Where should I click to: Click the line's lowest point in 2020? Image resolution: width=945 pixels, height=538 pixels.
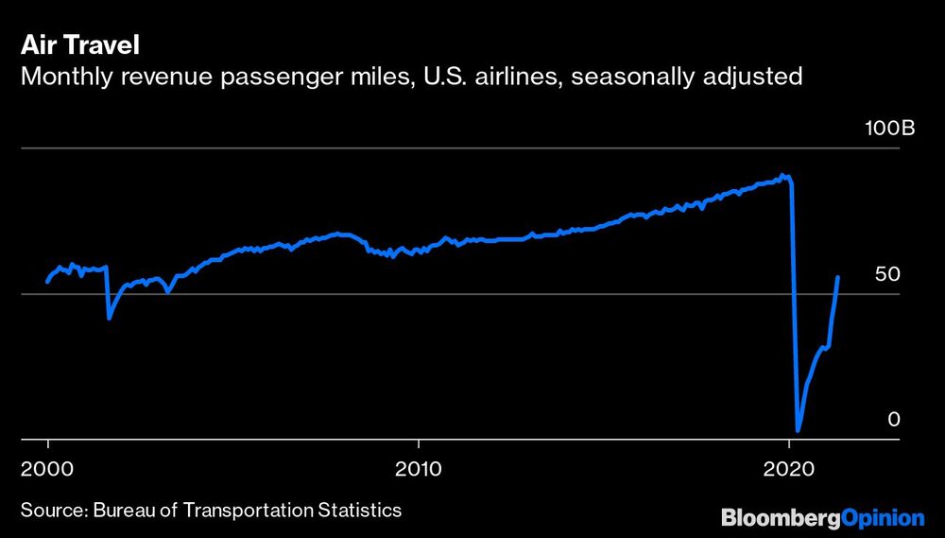[x=799, y=430]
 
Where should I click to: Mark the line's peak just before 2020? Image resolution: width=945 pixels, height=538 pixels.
[x=782, y=175]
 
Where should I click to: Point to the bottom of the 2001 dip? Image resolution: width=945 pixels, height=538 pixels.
[x=110, y=318]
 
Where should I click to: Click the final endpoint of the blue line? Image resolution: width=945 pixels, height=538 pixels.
[x=838, y=277]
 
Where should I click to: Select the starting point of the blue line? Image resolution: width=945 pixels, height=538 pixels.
[x=47, y=281]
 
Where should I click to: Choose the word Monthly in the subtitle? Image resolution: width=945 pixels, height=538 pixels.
[x=63, y=77]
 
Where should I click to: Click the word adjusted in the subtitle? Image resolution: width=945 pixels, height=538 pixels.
[x=755, y=77]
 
